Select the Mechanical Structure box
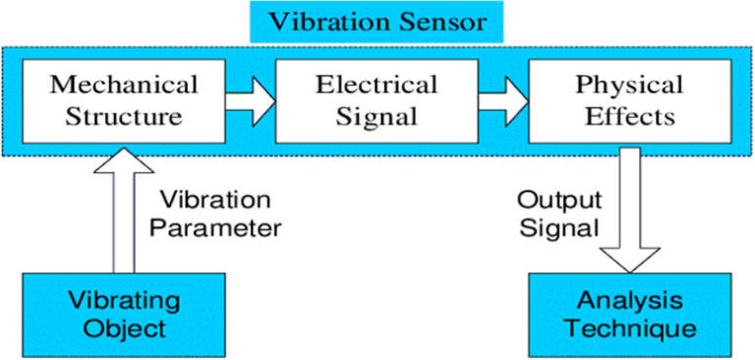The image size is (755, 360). pos(123,99)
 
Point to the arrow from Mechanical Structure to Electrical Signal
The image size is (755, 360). pos(250,99)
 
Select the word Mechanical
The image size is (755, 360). pos(123,84)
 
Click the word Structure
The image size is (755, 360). pos(123,115)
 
